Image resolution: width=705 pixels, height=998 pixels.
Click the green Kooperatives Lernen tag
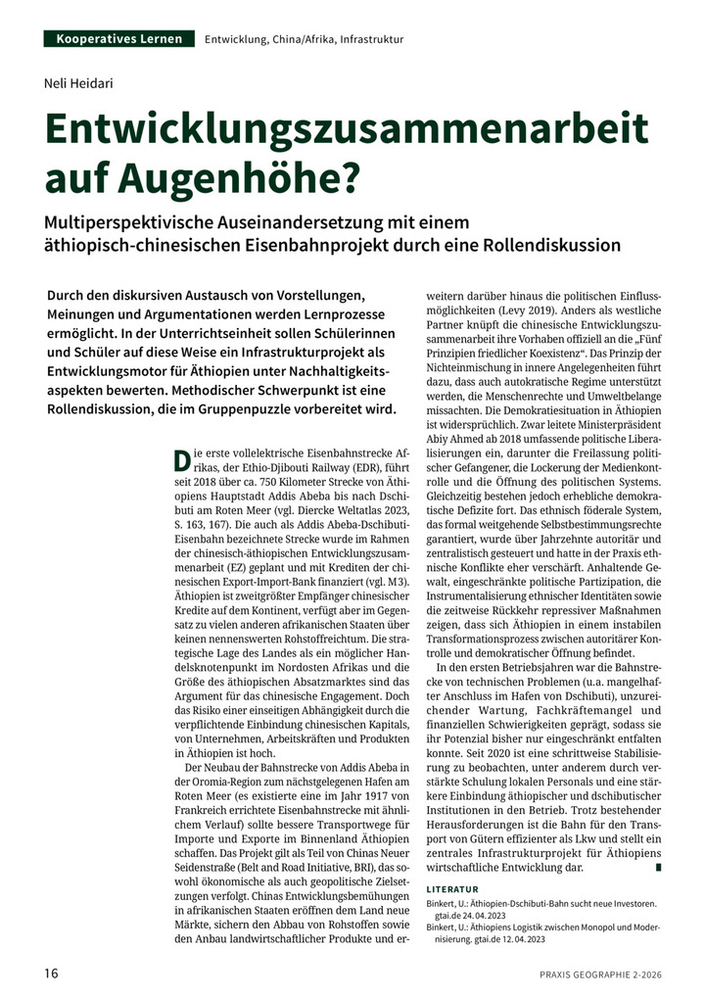pyautogui.click(x=119, y=38)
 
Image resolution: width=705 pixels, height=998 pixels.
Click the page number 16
pyautogui.click(x=52, y=974)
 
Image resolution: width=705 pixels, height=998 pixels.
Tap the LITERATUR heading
pyautogui.click(x=452, y=888)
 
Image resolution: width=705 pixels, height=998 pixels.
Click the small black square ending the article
pyautogui.click(x=659, y=867)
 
